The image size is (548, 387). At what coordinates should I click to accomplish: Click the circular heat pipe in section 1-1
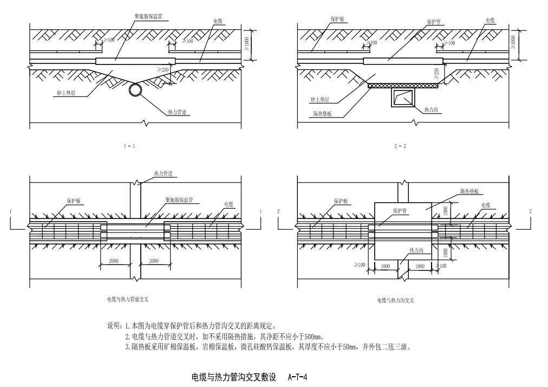pos(136,90)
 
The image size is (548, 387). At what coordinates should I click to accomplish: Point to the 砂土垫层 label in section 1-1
pos(66,93)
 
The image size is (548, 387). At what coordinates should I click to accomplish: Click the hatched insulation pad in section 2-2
pos(402,85)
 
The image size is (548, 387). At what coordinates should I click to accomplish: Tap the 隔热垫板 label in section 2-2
pos(323,113)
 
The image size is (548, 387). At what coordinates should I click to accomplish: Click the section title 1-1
pos(129,146)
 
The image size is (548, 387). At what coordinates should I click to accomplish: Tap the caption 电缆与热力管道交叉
pos(128,299)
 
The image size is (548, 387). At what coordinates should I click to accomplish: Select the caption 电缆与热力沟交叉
pos(395,300)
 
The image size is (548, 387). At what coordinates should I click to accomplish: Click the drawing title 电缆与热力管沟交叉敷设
pos(235,376)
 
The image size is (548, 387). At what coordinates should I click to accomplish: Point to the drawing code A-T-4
pos(298,376)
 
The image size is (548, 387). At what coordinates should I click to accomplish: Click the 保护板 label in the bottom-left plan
pos(73,201)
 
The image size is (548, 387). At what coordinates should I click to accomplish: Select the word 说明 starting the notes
pos(114,326)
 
